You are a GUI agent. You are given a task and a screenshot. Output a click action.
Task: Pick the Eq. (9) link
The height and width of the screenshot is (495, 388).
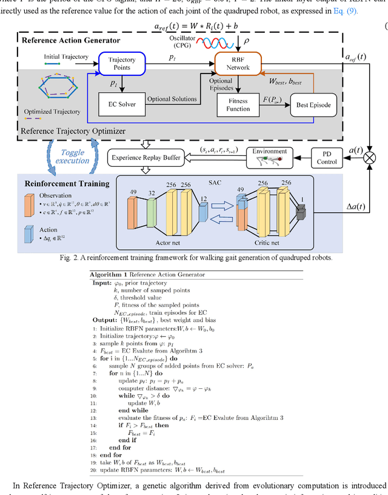point(349,10)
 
